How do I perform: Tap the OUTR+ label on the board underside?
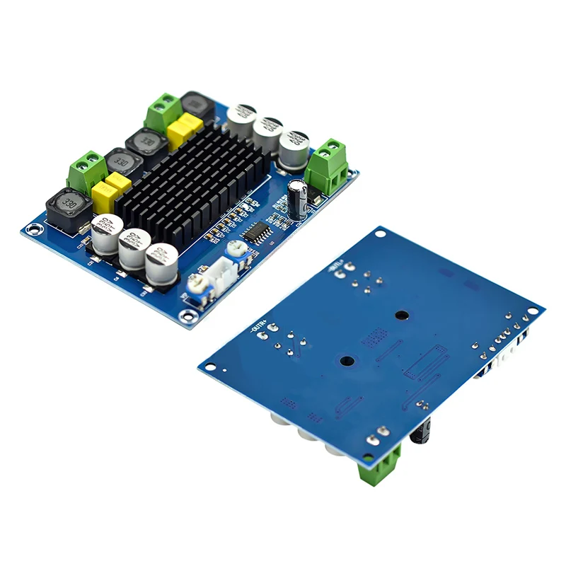point(261,326)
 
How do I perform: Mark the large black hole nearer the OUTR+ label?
point(347,361)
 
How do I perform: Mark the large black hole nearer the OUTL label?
point(401,316)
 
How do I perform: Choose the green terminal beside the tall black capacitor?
point(328,167)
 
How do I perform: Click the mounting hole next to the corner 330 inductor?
point(33,229)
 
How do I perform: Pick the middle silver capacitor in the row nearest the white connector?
point(134,248)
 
